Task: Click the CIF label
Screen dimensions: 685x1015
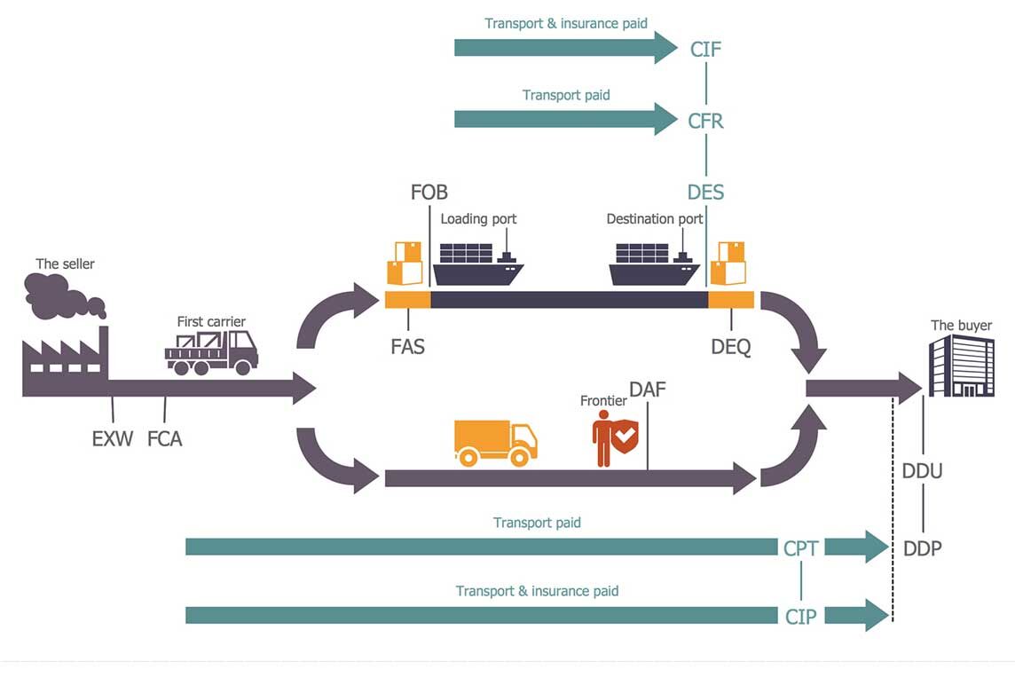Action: pyautogui.click(x=705, y=48)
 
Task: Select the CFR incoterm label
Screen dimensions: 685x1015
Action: pyautogui.click(x=705, y=120)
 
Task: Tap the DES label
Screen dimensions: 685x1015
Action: pyautogui.click(x=705, y=192)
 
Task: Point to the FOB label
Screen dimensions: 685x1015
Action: pyautogui.click(x=429, y=192)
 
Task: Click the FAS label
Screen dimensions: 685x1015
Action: pyautogui.click(x=407, y=346)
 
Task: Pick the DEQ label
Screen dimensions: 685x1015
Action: pyautogui.click(x=731, y=347)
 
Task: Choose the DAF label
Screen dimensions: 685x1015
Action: pyautogui.click(x=647, y=389)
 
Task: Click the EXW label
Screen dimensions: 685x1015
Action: pyautogui.click(x=113, y=437)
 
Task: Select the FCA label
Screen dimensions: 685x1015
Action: pyautogui.click(x=164, y=437)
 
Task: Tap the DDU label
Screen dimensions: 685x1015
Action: pyautogui.click(x=922, y=471)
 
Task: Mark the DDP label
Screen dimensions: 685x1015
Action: pyautogui.click(x=922, y=548)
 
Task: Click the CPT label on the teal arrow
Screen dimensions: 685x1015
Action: pyautogui.click(x=801, y=547)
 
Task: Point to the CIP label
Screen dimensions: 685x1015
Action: pyautogui.click(x=801, y=616)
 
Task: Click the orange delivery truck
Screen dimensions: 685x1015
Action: pyautogui.click(x=495, y=442)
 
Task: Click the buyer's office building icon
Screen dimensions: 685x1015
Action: pyautogui.click(x=962, y=366)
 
